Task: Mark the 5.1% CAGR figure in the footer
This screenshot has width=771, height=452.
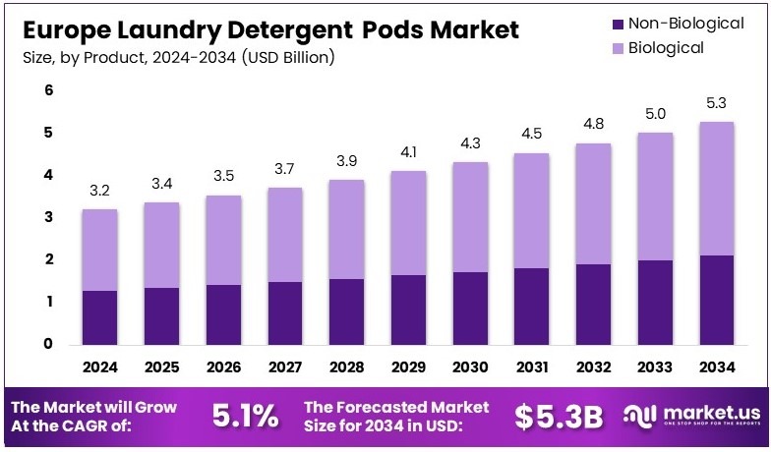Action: [245, 416]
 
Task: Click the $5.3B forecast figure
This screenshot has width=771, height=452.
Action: [559, 416]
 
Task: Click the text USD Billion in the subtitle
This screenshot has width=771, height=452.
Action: [294, 58]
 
